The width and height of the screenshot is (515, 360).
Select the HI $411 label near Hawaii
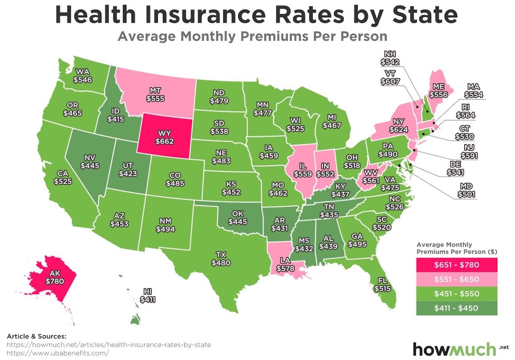pyautogui.click(x=147, y=295)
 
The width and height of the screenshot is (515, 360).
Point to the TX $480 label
pyautogui.click(x=221, y=259)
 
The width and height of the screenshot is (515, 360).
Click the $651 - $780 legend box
pyautogui.click(x=457, y=265)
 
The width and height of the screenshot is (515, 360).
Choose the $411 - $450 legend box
pyautogui.click(x=457, y=308)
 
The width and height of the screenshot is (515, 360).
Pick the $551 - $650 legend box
pyautogui.click(x=457, y=279)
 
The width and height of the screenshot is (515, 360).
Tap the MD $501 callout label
pyautogui.click(x=466, y=190)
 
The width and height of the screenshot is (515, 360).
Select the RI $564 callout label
pyautogui.click(x=466, y=111)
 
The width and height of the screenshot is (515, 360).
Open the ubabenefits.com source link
pyautogui.click(x=58, y=353)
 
